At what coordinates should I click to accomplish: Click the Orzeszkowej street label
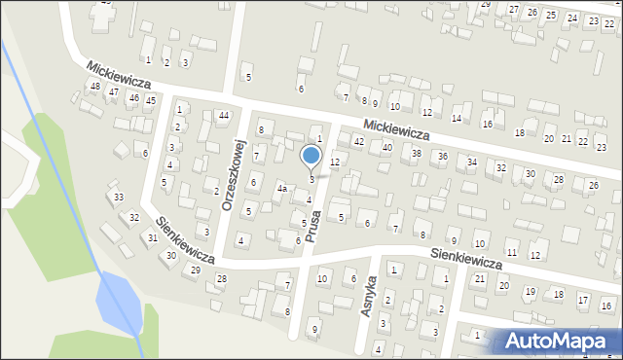tap(232, 175)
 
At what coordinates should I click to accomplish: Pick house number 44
tap(224, 116)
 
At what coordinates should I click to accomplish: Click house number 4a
tap(281, 188)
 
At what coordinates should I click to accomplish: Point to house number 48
tap(94, 87)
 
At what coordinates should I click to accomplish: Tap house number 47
tap(114, 91)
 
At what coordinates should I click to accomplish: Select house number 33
tap(119, 198)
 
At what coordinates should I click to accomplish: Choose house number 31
tap(153, 238)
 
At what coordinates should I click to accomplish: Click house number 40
tap(386, 147)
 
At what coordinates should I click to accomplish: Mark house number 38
tap(416, 153)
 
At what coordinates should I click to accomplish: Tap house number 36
tap(442, 157)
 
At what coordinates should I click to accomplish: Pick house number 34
tap(472, 162)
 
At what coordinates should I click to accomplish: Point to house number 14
tap(456, 118)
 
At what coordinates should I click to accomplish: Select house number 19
tap(530, 292)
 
